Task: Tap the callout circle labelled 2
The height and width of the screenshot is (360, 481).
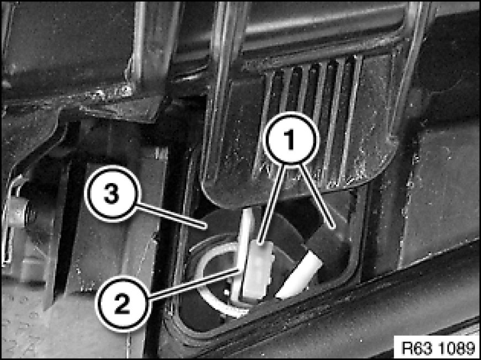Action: pos(122,303)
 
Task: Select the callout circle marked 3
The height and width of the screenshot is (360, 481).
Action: pos(111,194)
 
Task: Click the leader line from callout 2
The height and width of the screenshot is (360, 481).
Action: pos(194,284)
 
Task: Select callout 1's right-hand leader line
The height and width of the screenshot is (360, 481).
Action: pos(317,196)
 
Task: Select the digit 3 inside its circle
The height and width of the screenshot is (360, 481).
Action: pos(111,194)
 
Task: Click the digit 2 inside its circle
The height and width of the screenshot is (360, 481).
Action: pos(122,304)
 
